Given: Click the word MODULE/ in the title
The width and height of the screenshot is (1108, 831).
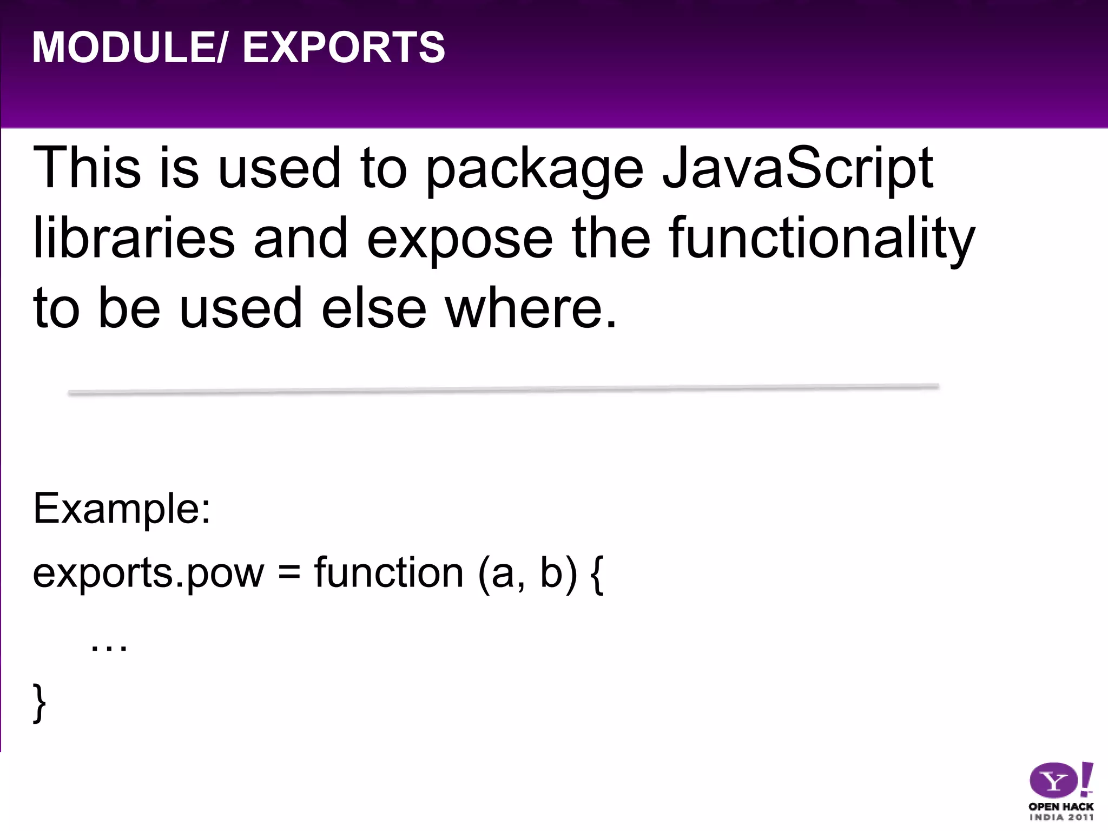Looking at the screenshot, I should pos(128,48).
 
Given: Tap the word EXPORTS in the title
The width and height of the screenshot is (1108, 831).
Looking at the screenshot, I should pos(344,48).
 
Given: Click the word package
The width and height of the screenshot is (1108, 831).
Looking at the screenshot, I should pos(535,170).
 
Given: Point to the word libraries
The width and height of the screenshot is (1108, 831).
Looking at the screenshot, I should pos(134,238).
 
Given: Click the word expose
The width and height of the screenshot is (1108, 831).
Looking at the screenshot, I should pos(460,241).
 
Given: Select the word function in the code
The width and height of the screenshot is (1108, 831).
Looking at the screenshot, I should pos(389,572).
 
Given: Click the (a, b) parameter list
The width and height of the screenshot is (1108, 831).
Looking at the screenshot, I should pos(527,573).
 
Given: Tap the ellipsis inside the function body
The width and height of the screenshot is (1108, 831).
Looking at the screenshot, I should pos(109,646).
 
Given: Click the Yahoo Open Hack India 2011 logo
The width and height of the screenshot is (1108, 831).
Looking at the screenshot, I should pos(1060,791).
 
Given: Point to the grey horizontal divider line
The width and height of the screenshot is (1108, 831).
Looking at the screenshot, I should pos(503,390).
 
